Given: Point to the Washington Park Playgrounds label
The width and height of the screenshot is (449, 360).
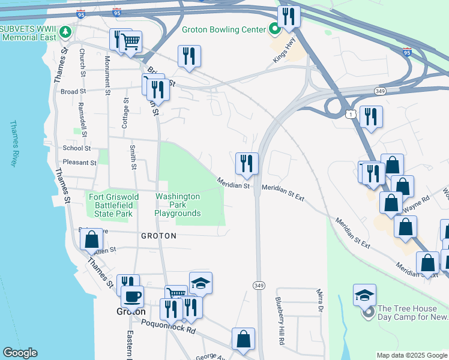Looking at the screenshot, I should pyautogui.click(x=177, y=205).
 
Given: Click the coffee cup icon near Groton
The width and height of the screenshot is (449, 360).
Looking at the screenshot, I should pyautogui.click(x=132, y=296).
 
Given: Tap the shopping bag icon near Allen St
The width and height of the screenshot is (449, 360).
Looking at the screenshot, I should pyautogui.click(x=91, y=239).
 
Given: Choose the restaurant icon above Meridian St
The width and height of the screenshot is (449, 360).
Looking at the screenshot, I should pyautogui.click(x=247, y=163).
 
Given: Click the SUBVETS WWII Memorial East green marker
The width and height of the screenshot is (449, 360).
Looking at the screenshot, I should pyautogui.click(x=62, y=31).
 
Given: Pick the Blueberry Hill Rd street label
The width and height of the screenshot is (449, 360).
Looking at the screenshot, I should pyautogui.click(x=280, y=320).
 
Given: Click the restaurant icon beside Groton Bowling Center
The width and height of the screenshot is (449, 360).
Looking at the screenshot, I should pyautogui.click(x=289, y=17).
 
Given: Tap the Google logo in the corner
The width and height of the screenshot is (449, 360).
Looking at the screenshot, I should pyautogui.click(x=20, y=353).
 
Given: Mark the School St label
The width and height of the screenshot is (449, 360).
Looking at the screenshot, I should pyautogui.click(x=76, y=148).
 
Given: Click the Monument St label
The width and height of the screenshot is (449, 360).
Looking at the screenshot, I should pyautogui.click(x=107, y=75).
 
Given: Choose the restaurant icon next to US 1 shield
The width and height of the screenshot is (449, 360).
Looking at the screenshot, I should pyautogui.click(x=370, y=117).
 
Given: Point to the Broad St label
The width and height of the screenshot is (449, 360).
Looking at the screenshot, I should pyautogui.click(x=74, y=92).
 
